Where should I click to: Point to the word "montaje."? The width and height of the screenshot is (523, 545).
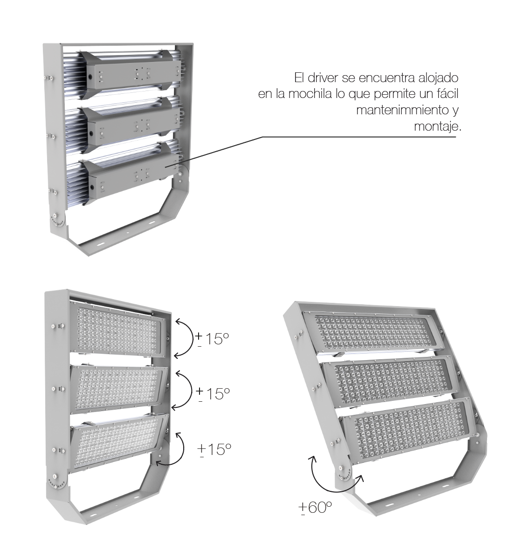pyautogui.click(x=438, y=126)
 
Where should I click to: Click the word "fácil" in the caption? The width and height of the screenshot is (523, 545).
pyautogui.click(x=448, y=93)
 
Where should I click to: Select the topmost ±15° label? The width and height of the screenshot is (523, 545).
pyautogui.click(x=212, y=339)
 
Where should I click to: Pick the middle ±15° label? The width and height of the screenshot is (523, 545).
pyautogui.click(x=213, y=394)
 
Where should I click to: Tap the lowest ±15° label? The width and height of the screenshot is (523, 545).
pyautogui.click(x=214, y=449)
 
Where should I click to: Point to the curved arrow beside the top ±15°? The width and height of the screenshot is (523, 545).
pyautogui.click(x=192, y=338)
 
